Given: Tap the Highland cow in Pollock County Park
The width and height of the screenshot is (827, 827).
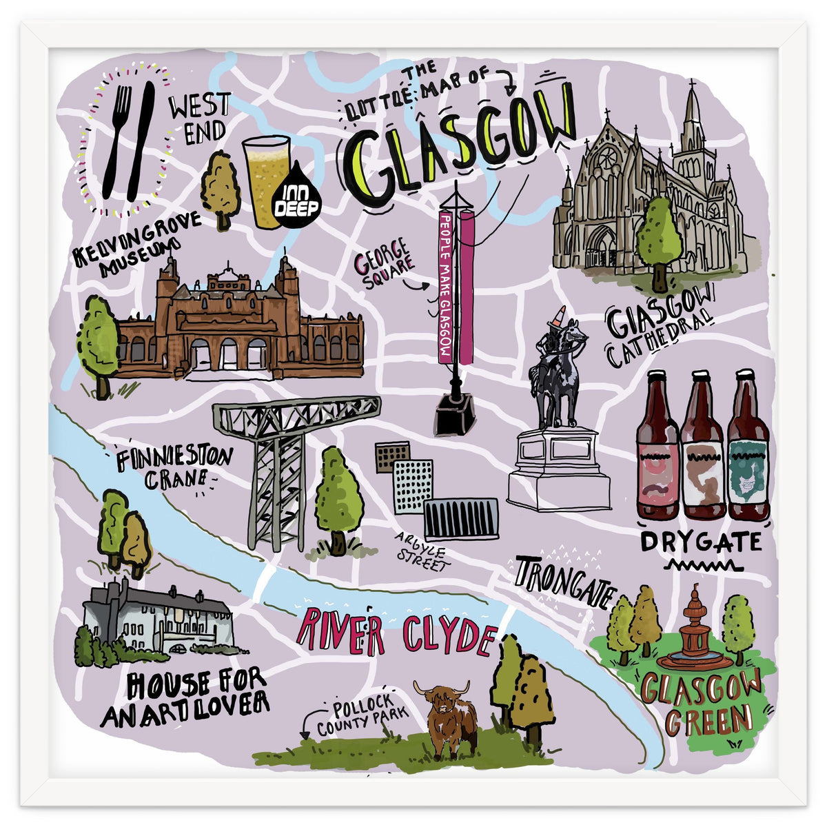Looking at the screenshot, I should click(x=448, y=717).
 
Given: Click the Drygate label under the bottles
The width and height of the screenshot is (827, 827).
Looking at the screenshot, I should click(x=701, y=542).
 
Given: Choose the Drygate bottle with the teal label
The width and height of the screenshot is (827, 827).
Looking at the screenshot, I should click(x=748, y=448).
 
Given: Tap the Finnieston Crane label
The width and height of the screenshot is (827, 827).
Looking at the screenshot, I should click(x=173, y=469).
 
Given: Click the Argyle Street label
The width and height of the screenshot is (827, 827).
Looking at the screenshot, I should click(x=422, y=551).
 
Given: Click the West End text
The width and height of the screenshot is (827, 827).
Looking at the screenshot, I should click(x=198, y=119).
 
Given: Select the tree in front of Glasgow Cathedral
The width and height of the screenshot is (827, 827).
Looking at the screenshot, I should click(x=659, y=238).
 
